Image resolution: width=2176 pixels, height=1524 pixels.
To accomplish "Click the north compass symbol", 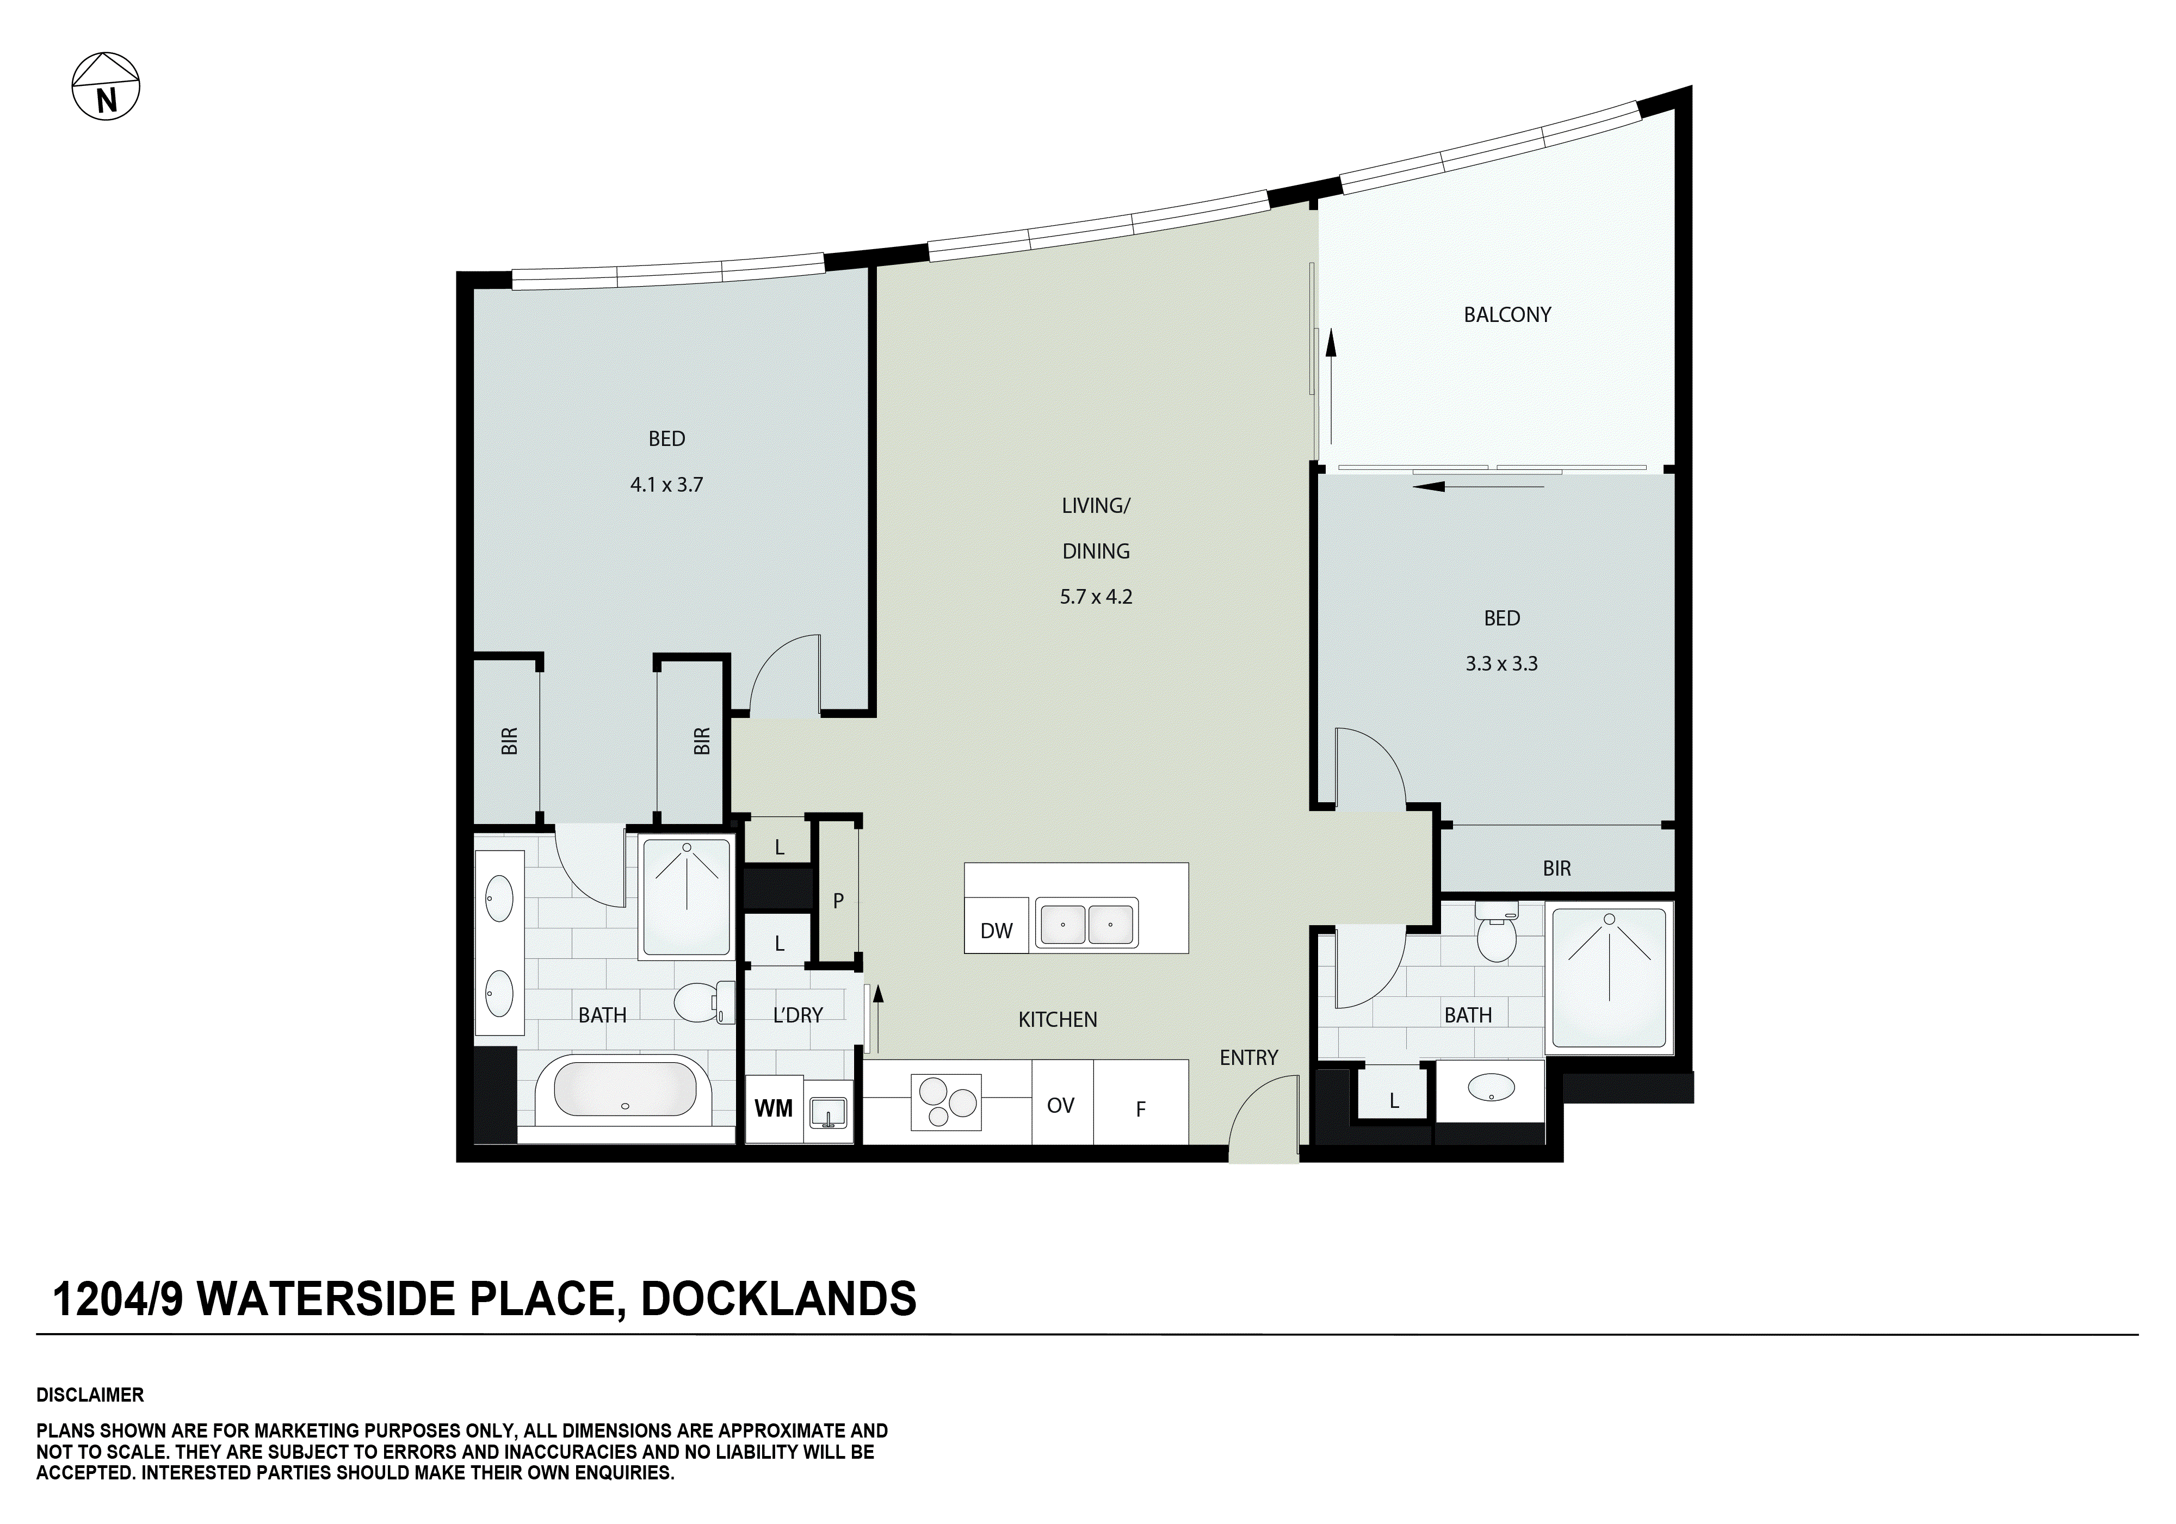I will (x=106, y=86).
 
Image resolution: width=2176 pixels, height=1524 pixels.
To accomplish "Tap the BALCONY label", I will (x=1507, y=315).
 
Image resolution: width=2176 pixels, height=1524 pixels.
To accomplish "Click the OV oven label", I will (x=1060, y=1105).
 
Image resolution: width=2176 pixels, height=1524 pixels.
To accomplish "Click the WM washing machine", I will (x=774, y=1108).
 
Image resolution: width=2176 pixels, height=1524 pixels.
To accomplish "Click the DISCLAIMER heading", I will (x=90, y=1395).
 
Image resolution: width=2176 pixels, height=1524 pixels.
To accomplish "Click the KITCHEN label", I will (x=1058, y=1020).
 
